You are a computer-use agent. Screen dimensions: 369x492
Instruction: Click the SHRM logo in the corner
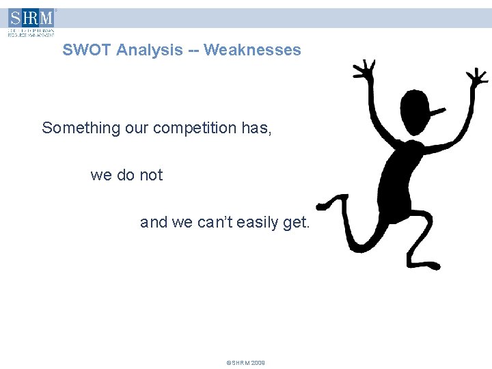tap(31, 21)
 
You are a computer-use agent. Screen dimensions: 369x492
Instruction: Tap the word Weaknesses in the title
tap(252, 50)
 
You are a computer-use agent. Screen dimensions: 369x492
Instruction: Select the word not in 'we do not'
tap(151, 175)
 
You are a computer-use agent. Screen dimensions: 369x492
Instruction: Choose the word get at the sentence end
tap(297, 223)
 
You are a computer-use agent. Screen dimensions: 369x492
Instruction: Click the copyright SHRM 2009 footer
tap(245, 363)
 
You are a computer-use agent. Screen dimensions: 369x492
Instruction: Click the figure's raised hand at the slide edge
tap(476, 78)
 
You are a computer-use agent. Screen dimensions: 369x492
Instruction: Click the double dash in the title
tap(193, 51)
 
